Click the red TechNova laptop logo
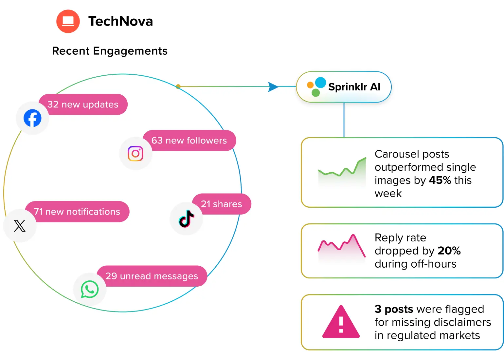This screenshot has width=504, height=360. tap(68, 21)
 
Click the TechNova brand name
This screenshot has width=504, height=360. tap(120, 21)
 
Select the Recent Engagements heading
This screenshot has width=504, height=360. tap(110, 51)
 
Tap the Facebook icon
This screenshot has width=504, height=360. tap(32, 118)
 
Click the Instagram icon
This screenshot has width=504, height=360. tap(135, 153)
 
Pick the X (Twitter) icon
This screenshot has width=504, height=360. tap(20, 226)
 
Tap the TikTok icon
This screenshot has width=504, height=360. tap(186, 218)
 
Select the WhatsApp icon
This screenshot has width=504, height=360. tap(90, 289)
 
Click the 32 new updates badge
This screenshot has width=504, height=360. tap(83, 104)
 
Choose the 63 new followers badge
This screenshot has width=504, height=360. tap(189, 141)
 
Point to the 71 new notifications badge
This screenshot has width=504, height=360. tap(77, 212)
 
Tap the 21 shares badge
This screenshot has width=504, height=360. tap(222, 204)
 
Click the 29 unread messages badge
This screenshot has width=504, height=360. tap(152, 276)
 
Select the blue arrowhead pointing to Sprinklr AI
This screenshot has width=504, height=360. tap(273, 87)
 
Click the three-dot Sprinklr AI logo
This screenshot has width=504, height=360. tap(316, 86)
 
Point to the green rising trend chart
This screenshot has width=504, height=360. tap(342, 172)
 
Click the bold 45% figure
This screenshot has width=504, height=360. tap(440, 180)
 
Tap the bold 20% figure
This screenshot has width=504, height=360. tap(449, 251)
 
